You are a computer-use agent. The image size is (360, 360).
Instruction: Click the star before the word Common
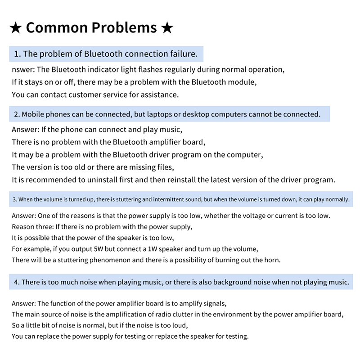coord(15,28)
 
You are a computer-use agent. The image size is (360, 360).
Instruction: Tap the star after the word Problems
coord(167,28)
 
